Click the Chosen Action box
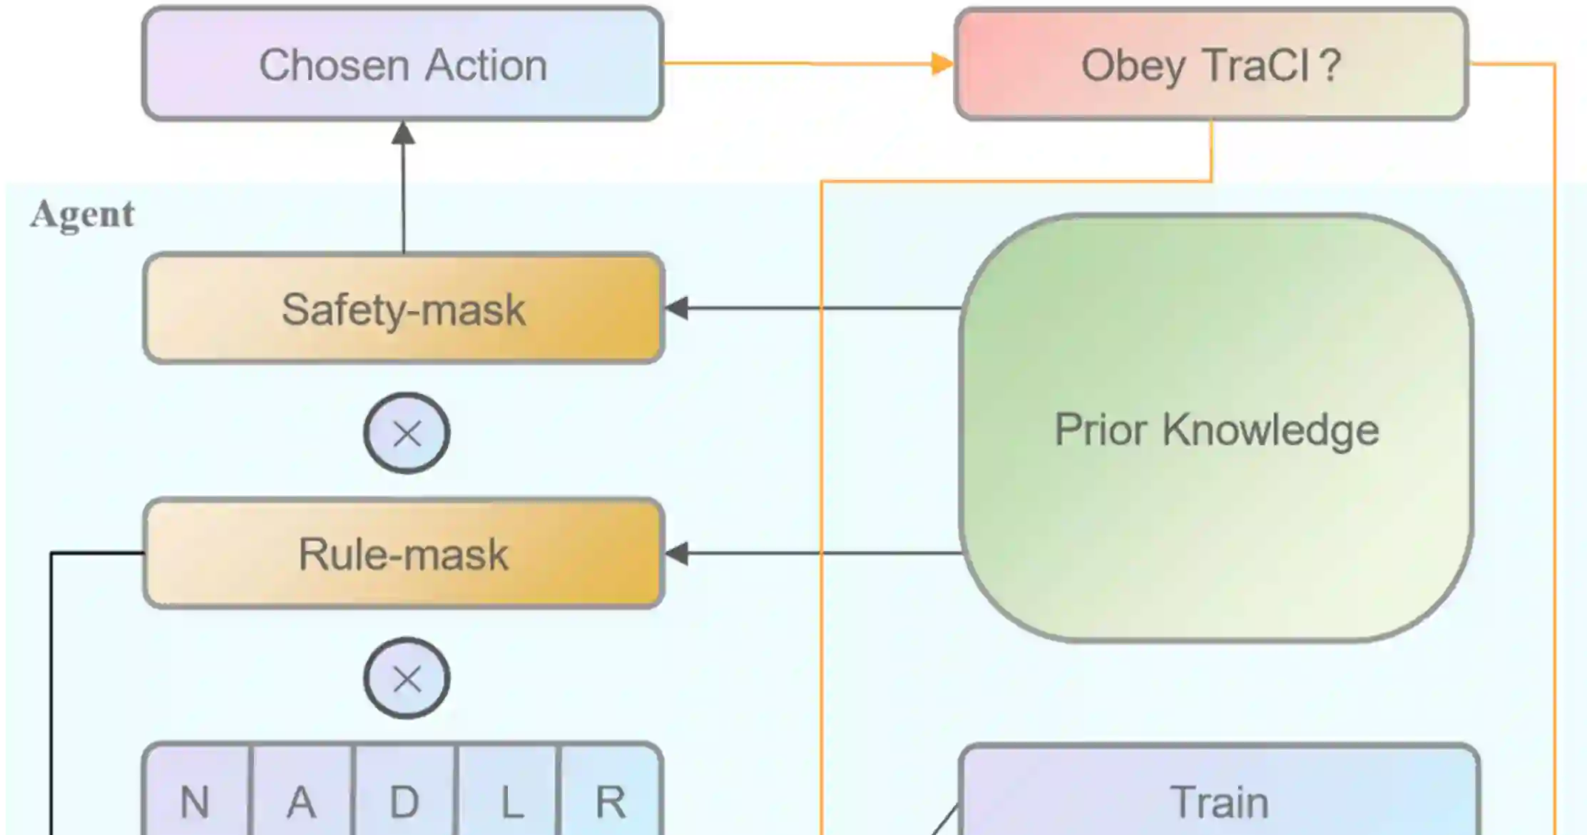click(403, 64)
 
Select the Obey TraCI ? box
click(1210, 64)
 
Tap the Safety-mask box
click(404, 309)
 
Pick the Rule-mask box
click(404, 554)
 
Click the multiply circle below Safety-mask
click(407, 433)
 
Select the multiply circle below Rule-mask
click(407, 678)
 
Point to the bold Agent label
click(82, 214)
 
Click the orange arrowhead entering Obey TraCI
click(942, 64)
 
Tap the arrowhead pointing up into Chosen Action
click(404, 133)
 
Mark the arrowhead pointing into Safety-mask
click(677, 308)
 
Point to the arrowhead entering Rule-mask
click(677, 553)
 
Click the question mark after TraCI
click(1330, 64)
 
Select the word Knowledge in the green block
click(1270, 430)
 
